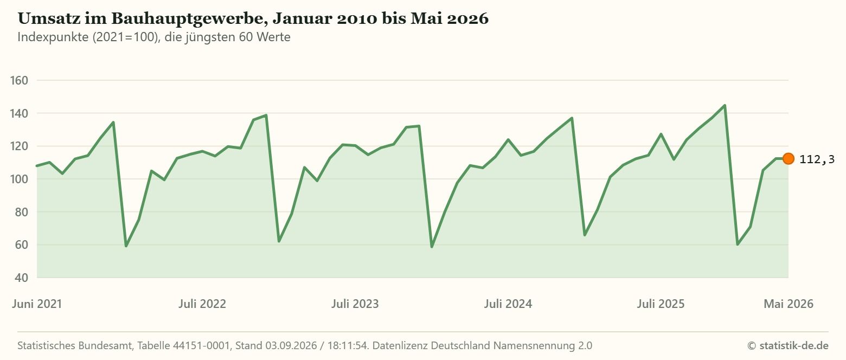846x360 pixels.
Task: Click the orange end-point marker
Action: tap(788, 159)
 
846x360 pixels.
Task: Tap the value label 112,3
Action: tap(817, 159)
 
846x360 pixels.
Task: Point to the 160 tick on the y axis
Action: tap(20, 80)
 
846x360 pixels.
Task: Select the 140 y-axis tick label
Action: tap(20, 113)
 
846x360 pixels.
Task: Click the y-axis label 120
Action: tap(20, 146)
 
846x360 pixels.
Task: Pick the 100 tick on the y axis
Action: tap(20, 179)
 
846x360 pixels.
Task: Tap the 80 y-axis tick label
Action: tap(22, 212)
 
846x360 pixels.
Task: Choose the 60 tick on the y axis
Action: tap(22, 245)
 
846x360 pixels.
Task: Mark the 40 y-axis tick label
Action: tap(22, 278)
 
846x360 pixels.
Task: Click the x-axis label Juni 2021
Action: tap(37, 304)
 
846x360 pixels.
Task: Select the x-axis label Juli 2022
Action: tap(202, 304)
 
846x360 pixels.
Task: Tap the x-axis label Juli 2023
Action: tap(355, 304)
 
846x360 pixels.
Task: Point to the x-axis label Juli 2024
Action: tap(508, 304)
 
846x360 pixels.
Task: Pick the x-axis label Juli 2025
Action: tap(661, 304)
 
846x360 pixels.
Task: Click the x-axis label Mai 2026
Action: tap(789, 304)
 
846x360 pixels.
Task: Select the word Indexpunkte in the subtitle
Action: tap(53, 37)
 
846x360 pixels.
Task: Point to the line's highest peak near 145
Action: tap(725, 105)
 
